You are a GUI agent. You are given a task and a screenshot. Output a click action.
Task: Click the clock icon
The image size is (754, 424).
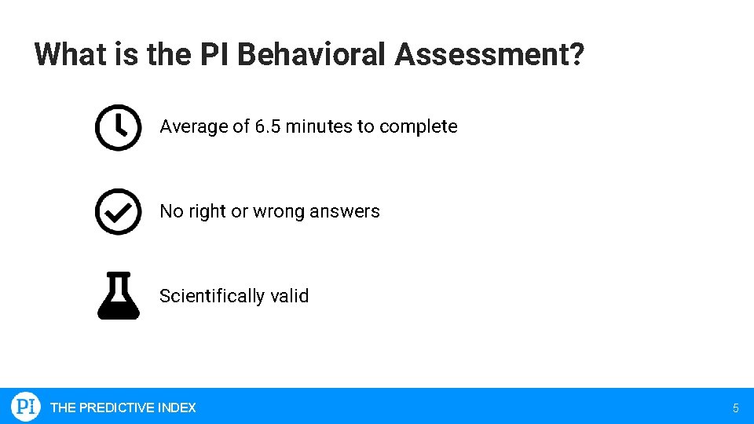coord(118,126)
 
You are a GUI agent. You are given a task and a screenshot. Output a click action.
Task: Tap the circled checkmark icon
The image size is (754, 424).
coord(118,211)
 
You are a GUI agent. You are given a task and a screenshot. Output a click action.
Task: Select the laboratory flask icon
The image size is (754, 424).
coord(118,296)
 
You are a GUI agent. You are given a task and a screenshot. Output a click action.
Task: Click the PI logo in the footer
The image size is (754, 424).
coord(26,407)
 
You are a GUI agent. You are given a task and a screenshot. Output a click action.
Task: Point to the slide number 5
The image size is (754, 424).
coord(735,408)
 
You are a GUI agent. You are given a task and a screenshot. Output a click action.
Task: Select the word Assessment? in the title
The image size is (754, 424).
coord(489,55)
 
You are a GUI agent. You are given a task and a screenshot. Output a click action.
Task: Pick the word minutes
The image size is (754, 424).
coord(320,126)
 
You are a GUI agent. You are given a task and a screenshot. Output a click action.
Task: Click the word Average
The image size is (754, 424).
coord(191,126)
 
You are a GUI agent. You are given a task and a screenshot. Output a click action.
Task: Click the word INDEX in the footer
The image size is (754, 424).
coord(177,408)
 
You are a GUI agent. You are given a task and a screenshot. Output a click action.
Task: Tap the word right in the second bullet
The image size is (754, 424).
coord(207,211)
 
